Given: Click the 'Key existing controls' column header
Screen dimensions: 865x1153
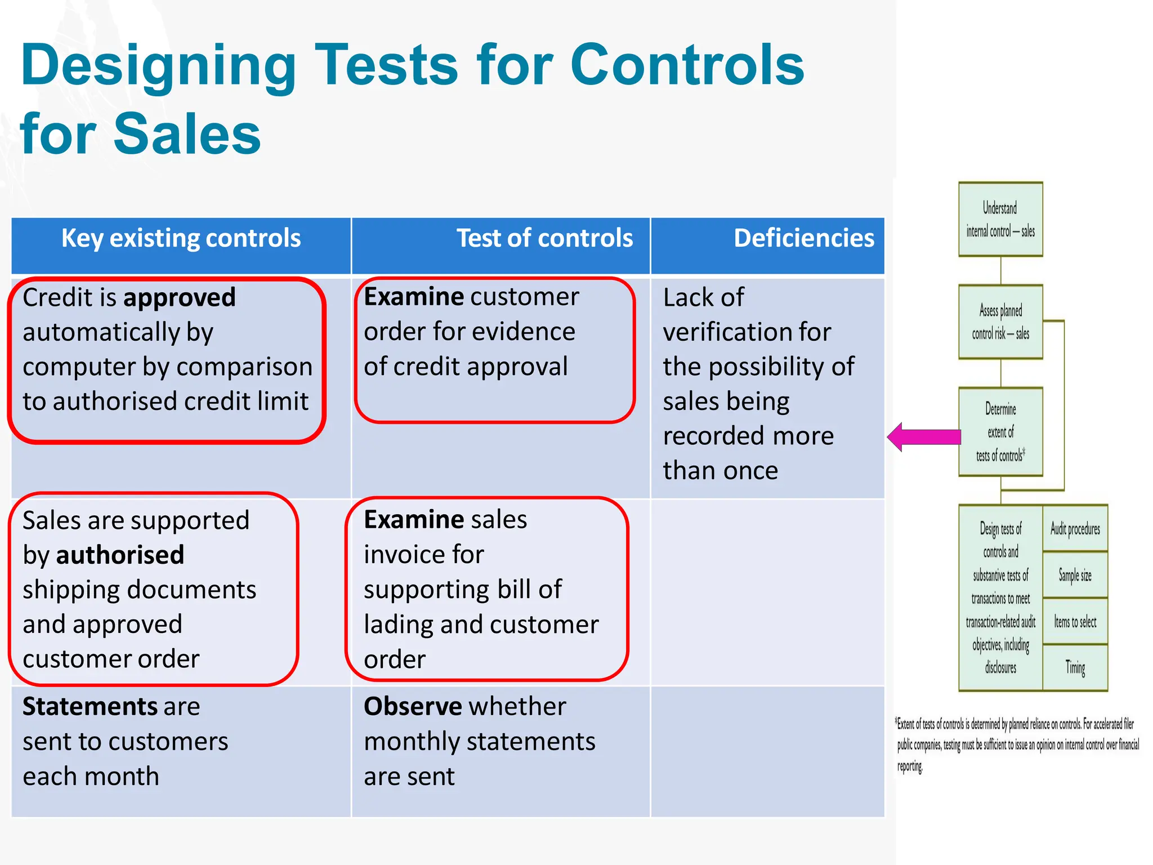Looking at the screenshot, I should coord(181,238).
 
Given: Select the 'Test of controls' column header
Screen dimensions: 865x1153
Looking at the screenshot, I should coord(544,238).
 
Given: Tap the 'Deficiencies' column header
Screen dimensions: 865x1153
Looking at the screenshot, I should coord(803,238).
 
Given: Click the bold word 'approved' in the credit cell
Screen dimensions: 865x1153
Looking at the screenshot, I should coord(180,297).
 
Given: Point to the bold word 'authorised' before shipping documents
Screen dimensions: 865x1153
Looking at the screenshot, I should coord(120,555).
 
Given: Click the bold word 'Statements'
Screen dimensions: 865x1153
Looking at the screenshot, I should coord(90,706).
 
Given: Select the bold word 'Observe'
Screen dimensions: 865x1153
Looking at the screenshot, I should coord(413,706).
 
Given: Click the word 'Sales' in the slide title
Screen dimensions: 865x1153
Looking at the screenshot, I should coord(187,134).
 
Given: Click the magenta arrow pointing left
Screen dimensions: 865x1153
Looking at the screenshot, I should coord(923,436).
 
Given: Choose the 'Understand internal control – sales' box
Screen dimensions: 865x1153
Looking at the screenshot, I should coord(1000,219).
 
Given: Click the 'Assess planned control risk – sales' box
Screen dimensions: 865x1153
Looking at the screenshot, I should coord(1000,322).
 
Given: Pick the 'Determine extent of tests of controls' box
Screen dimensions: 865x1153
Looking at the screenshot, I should coord(1000,432).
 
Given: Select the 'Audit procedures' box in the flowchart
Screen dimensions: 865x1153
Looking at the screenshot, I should coord(1075,529).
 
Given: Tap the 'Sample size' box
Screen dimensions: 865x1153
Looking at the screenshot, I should coord(1075,575).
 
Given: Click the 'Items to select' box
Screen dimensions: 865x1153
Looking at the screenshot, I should coord(1075,622).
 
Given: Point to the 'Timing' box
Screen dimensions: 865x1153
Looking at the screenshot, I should coord(1075,668).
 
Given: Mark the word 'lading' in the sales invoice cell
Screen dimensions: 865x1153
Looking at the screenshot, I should coord(397,625).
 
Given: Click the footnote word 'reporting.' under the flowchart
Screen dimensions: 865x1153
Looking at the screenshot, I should coord(910,766).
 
